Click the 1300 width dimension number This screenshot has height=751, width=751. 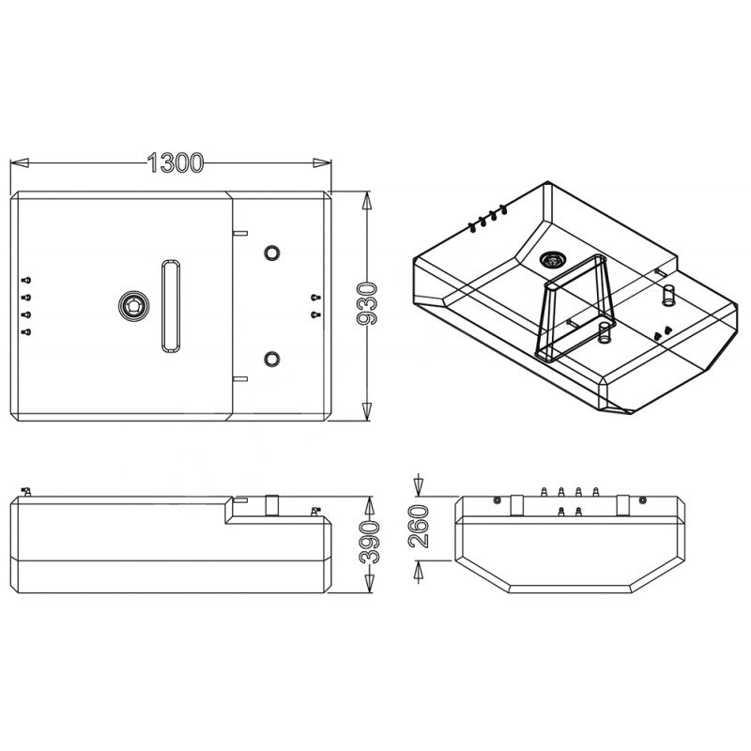coord(176,163)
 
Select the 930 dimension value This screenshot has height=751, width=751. coord(368,303)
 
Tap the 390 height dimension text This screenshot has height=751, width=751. coord(369,539)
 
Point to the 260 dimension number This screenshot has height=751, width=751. coord(419,526)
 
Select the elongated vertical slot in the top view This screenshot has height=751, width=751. coord(172,305)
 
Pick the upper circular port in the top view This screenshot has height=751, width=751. coord(272,253)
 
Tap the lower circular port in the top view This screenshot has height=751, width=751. coord(272,358)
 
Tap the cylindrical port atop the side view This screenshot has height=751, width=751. coord(272,505)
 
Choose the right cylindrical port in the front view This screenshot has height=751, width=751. coord(622,503)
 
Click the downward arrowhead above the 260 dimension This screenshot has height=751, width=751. coord(419,486)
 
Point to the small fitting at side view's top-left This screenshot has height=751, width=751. coord(26,492)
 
